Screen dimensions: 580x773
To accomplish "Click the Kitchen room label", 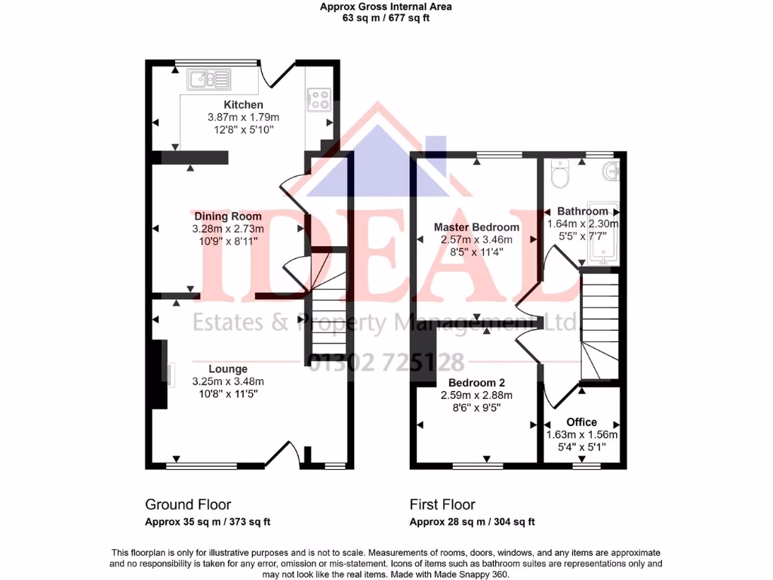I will point(243,105).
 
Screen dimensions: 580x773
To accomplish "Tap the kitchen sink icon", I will point(209,78).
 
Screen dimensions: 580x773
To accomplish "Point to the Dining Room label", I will point(228,217).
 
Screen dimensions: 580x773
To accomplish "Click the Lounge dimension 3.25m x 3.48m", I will point(228,381).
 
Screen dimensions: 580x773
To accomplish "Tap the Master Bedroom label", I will point(476,227).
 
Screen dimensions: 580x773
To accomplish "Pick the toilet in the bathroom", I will point(560,175).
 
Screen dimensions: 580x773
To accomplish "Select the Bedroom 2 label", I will point(476,383).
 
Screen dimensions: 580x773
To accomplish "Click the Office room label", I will point(581,422).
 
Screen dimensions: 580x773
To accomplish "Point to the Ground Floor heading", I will point(188,504).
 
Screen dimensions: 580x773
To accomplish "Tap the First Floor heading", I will point(442,504).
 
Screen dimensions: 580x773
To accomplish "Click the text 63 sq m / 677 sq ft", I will point(386,18).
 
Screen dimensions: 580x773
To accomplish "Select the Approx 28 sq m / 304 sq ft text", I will point(472,522).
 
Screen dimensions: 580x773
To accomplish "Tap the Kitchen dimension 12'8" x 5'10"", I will point(243,130).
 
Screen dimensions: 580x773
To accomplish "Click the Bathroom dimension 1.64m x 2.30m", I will point(582,224).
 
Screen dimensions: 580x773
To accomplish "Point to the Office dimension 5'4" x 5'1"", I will point(581,447).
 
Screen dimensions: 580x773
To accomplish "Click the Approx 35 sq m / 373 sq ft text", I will point(208,522).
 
